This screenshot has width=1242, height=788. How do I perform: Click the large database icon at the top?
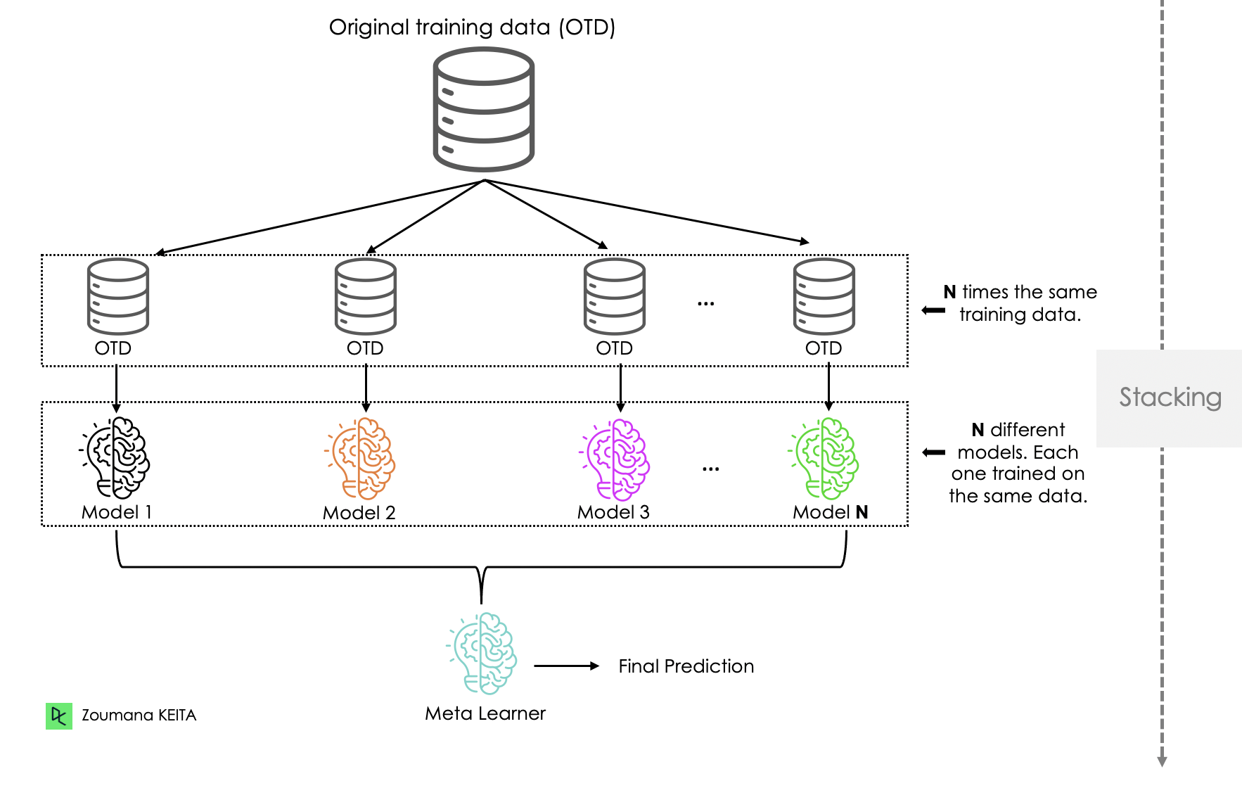click(484, 109)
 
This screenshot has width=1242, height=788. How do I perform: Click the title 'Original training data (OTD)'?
click(472, 27)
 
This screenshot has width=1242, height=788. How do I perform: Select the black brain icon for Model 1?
click(115, 458)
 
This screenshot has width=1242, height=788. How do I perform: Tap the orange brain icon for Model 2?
click(361, 458)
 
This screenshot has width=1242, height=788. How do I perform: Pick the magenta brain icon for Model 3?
click(615, 459)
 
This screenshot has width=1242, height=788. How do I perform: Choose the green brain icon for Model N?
click(824, 458)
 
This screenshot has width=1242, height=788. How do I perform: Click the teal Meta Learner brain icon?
click(482, 653)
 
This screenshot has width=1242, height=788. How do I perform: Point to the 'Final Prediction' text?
click(686, 666)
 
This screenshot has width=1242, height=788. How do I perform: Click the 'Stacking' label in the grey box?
click(1170, 398)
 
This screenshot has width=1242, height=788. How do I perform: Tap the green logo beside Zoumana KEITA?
click(59, 716)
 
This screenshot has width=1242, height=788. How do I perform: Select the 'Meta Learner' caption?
click(485, 713)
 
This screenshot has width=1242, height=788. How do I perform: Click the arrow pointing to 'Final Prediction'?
click(566, 666)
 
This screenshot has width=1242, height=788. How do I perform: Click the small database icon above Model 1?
click(118, 296)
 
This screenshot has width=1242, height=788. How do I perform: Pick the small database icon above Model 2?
click(366, 296)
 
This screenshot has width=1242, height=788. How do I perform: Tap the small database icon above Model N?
click(824, 296)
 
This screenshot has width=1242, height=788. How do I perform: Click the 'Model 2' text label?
click(359, 513)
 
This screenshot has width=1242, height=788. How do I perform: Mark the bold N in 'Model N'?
click(862, 512)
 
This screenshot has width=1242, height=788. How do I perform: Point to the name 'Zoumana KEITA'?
click(139, 716)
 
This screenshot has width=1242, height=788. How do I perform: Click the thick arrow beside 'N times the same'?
click(933, 310)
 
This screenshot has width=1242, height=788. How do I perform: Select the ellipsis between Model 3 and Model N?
click(710, 469)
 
